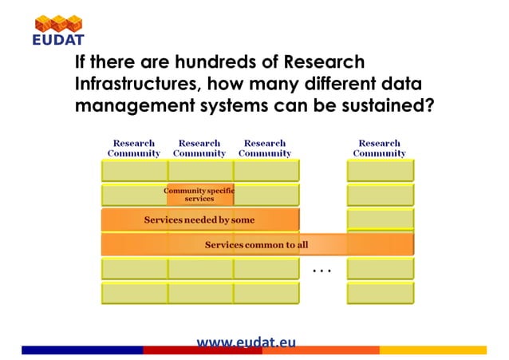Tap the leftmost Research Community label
(x=134, y=148)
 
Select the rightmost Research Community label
(x=379, y=148)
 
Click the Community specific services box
(x=199, y=194)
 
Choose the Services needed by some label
(x=199, y=220)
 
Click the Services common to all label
(x=255, y=244)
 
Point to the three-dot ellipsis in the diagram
(x=322, y=271)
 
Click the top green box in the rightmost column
(x=380, y=170)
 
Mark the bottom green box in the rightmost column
(x=380, y=293)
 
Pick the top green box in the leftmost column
(x=134, y=170)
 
